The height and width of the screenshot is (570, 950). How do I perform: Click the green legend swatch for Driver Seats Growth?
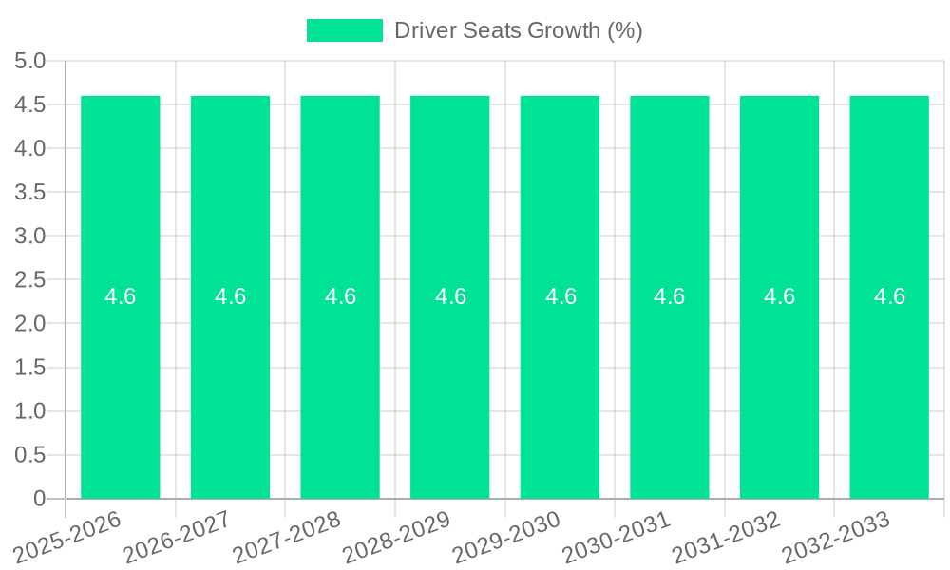(x=344, y=30)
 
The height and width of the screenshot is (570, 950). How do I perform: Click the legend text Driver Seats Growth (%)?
(x=518, y=30)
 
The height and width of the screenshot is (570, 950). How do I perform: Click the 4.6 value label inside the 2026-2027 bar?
(x=231, y=296)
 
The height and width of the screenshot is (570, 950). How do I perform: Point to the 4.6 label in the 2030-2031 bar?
(x=670, y=296)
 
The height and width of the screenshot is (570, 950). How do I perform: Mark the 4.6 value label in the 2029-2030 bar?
(x=560, y=296)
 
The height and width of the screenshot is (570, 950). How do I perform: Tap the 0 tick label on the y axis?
(x=39, y=499)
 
